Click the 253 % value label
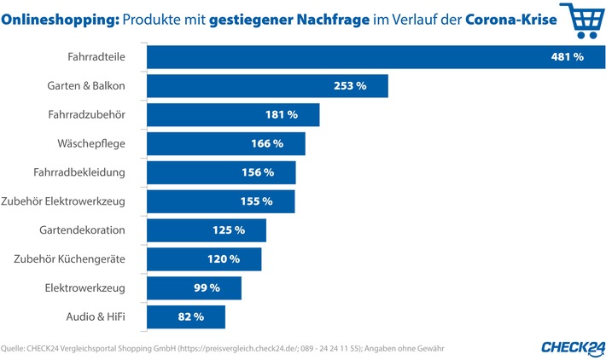(x=348, y=85)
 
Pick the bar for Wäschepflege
(x=226, y=143)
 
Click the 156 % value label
(x=257, y=172)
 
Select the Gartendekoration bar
(x=207, y=230)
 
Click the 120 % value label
(x=223, y=259)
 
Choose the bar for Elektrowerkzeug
(x=195, y=288)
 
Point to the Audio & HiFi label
(x=96, y=316)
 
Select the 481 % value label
(x=567, y=57)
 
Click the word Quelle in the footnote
(x=14, y=347)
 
